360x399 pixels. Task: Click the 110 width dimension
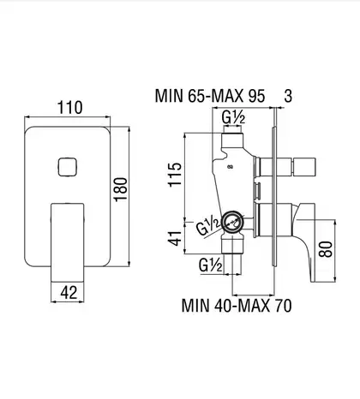[x=70, y=108]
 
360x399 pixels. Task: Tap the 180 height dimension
[x=121, y=189]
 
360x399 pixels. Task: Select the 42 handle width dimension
[x=69, y=293]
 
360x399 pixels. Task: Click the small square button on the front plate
[x=68, y=167]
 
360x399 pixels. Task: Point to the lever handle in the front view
[x=68, y=242]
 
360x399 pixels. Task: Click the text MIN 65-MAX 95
[x=210, y=96]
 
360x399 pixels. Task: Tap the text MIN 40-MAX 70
[x=237, y=306]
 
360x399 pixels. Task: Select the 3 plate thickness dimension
[x=288, y=96]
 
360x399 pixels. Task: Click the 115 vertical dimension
[x=175, y=175]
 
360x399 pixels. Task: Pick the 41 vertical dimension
[x=175, y=238]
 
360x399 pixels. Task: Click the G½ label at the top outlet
[x=233, y=118]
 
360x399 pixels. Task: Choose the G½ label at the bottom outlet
[x=210, y=265]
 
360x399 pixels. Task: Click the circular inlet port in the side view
[x=232, y=222]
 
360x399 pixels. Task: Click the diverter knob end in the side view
[x=303, y=167]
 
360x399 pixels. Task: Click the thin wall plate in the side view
[x=274, y=196]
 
